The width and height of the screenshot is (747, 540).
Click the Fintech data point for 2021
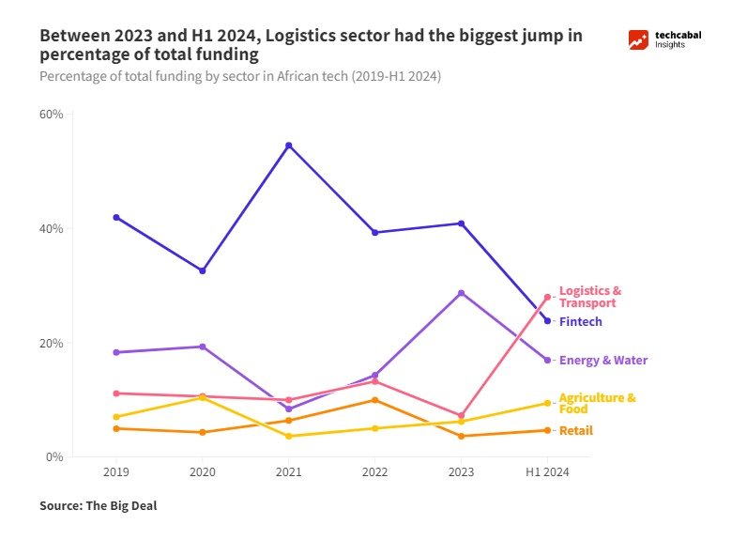(x=288, y=146)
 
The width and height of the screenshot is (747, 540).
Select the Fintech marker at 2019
(x=116, y=217)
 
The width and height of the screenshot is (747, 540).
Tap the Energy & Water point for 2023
(x=461, y=293)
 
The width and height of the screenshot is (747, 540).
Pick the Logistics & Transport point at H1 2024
(x=547, y=297)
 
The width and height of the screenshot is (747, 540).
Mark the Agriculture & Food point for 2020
(x=202, y=397)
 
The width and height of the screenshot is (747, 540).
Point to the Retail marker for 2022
(x=374, y=400)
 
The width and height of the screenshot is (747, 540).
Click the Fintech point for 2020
(x=202, y=270)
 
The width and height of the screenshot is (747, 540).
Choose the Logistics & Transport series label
(x=589, y=297)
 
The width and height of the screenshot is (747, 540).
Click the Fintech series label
(x=580, y=322)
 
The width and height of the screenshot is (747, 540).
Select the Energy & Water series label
(x=602, y=361)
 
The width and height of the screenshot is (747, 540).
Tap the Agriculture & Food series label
(x=597, y=403)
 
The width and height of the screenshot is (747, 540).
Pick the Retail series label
(x=575, y=431)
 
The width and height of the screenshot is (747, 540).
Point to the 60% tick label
(x=51, y=115)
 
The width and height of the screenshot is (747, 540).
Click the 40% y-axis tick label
(x=51, y=229)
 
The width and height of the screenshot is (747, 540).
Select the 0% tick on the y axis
(x=54, y=457)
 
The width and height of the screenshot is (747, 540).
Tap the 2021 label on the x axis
(x=288, y=471)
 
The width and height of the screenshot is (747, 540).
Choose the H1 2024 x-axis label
(x=547, y=471)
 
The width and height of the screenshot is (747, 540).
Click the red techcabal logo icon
(x=639, y=39)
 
